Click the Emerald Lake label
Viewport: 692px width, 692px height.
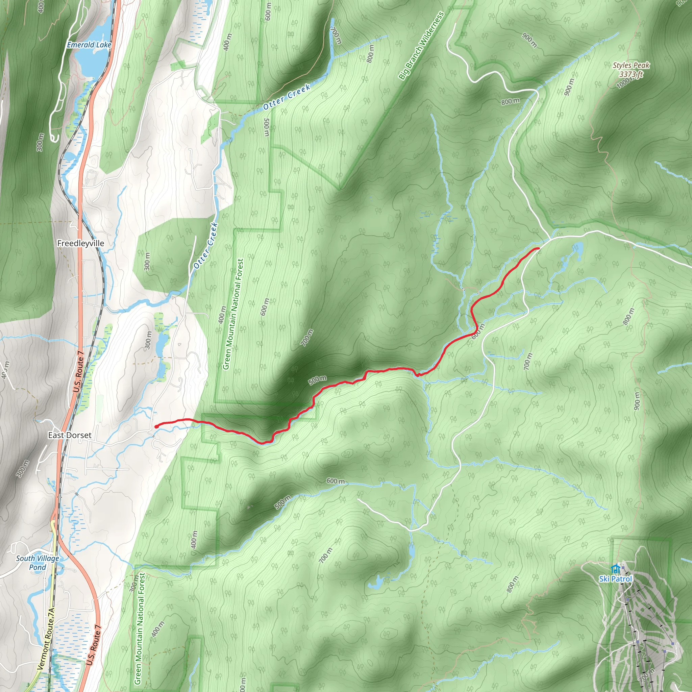[x=89, y=45]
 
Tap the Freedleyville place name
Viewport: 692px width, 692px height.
[x=81, y=243]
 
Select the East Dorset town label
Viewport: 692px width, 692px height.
[x=70, y=435]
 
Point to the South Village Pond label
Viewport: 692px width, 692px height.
[x=38, y=563]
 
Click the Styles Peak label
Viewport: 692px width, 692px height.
[x=631, y=65]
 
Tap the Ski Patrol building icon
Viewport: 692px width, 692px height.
[x=616, y=568]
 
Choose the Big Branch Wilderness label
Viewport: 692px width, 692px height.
[x=421, y=45]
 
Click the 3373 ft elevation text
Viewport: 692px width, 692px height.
[x=631, y=74]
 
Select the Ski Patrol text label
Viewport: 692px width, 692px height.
[x=616, y=579]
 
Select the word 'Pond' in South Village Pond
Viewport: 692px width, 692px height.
[x=38, y=567]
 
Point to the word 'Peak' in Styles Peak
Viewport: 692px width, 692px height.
[x=641, y=65]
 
